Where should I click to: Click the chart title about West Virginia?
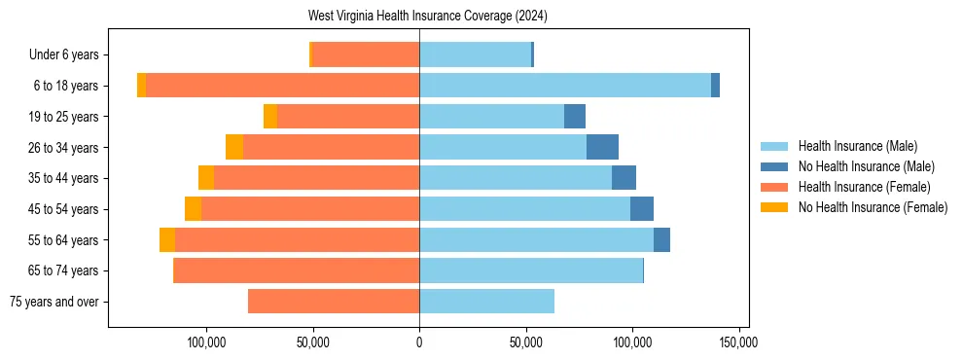428,17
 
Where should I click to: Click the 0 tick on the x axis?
419,342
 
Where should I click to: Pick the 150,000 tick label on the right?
738,342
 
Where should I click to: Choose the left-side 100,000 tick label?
206,342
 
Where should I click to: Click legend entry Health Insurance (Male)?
857,146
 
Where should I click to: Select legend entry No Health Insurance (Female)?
873,207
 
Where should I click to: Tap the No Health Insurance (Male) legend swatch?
774,166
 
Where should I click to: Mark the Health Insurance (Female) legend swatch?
774,187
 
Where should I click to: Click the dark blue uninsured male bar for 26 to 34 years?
602,147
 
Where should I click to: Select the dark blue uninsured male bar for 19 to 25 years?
575,116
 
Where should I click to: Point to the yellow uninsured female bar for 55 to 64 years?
167,239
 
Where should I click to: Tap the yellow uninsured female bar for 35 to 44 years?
206,178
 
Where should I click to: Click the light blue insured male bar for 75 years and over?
486,302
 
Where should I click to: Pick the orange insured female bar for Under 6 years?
366,54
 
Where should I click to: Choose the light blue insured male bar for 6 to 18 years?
565,86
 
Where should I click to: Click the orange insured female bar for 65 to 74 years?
296,270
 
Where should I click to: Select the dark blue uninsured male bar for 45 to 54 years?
642,209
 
